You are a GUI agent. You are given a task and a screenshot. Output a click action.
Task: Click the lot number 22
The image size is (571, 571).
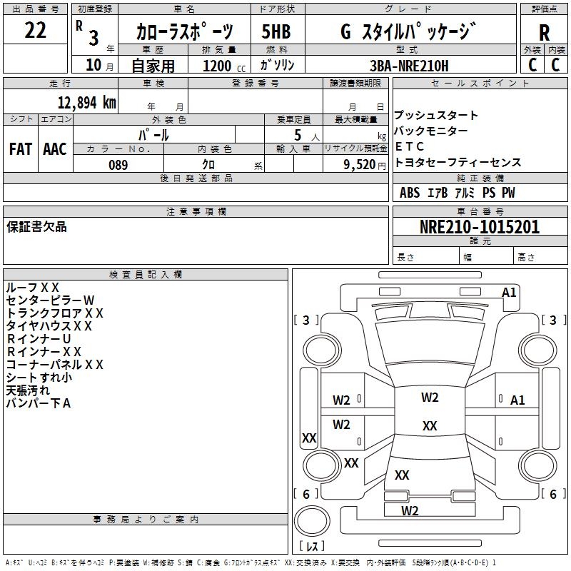point(35,30)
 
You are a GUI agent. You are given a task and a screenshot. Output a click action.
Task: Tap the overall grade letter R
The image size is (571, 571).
point(544,33)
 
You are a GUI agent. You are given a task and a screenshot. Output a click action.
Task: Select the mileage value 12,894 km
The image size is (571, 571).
point(86,103)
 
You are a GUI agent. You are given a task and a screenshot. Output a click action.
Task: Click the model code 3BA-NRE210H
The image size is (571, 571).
point(409,66)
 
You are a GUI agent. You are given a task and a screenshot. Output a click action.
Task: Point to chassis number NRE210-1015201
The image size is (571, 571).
point(480,227)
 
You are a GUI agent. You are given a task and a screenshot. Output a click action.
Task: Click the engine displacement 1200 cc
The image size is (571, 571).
point(224,66)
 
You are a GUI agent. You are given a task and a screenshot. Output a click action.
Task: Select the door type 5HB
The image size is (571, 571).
point(276,31)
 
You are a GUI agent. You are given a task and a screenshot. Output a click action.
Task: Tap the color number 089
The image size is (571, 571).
point(118,165)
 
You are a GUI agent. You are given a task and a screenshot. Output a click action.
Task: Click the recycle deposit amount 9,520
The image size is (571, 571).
point(359,165)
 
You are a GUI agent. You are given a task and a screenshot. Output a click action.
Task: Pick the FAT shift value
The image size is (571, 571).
point(21,149)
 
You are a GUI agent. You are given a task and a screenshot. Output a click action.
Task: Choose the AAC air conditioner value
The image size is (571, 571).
point(55,149)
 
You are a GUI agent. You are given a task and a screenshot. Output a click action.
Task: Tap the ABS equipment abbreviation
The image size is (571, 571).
point(410,193)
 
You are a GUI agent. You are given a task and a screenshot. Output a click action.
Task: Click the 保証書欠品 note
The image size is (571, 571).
point(36,226)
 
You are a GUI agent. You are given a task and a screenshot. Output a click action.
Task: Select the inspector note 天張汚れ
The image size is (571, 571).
point(28,390)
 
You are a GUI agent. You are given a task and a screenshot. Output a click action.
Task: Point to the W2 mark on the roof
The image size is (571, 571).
point(430,398)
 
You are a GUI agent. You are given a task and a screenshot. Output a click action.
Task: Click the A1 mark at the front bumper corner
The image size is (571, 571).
point(509,293)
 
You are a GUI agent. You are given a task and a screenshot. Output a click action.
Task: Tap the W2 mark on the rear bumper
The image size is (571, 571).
point(410,510)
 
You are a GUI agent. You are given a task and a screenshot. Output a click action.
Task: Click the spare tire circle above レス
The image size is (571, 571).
point(312,522)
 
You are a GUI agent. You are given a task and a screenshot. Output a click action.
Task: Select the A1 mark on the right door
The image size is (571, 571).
point(517,400)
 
